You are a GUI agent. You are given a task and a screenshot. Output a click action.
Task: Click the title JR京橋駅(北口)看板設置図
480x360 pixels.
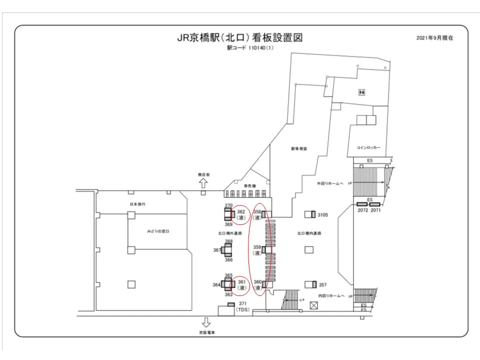(x=239, y=38)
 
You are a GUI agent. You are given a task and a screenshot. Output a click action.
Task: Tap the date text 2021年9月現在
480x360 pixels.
(x=434, y=38)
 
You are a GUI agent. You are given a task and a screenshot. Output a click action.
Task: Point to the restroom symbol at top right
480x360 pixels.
(x=361, y=92)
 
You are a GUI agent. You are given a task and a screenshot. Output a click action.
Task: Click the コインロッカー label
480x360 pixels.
(x=368, y=148)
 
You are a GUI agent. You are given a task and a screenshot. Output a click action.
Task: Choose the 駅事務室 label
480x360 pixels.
(x=299, y=149)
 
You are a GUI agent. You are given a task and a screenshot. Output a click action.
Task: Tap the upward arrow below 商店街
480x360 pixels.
(x=203, y=182)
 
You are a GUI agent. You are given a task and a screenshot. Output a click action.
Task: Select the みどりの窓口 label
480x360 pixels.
(x=158, y=231)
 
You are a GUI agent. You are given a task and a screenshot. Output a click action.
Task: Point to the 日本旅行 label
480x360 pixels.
(x=137, y=204)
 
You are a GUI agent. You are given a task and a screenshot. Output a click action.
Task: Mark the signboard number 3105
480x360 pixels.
(x=322, y=215)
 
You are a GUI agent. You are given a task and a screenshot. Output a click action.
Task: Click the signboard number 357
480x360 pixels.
(x=322, y=285)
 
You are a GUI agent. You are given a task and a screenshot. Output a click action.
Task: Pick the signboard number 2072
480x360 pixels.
(x=362, y=211)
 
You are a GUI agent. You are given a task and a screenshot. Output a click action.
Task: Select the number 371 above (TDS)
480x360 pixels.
(x=242, y=304)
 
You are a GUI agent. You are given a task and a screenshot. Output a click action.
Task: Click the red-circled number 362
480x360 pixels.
(x=240, y=211)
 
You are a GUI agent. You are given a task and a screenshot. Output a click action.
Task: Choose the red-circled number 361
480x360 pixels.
(x=240, y=282)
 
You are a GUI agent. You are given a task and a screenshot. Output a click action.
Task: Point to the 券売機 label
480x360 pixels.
(x=249, y=185)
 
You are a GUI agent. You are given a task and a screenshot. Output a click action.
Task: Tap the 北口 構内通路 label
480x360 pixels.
(x=308, y=233)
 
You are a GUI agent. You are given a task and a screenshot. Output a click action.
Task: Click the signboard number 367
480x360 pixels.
(x=217, y=250)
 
